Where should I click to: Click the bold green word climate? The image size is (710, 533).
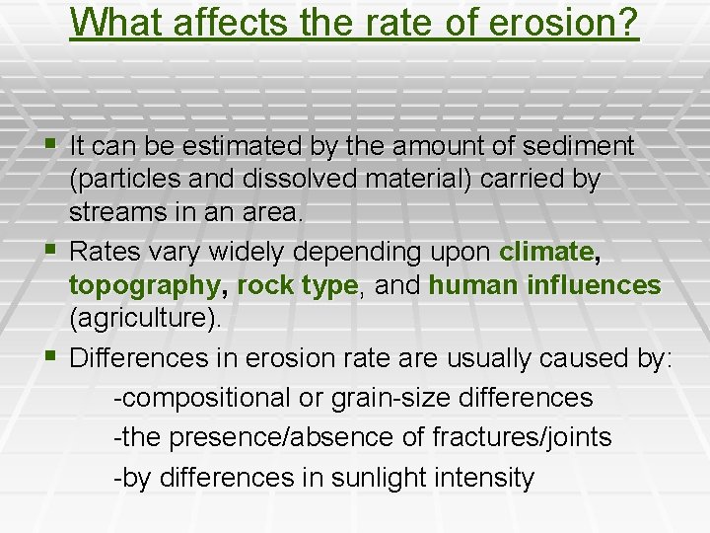[546, 252]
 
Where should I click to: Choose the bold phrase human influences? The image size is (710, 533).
[545, 285]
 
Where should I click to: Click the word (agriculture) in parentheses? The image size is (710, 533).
[146, 319]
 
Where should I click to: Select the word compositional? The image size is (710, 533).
[205, 398]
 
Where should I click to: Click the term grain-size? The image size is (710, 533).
[388, 398]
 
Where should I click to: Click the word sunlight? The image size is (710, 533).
[380, 478]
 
